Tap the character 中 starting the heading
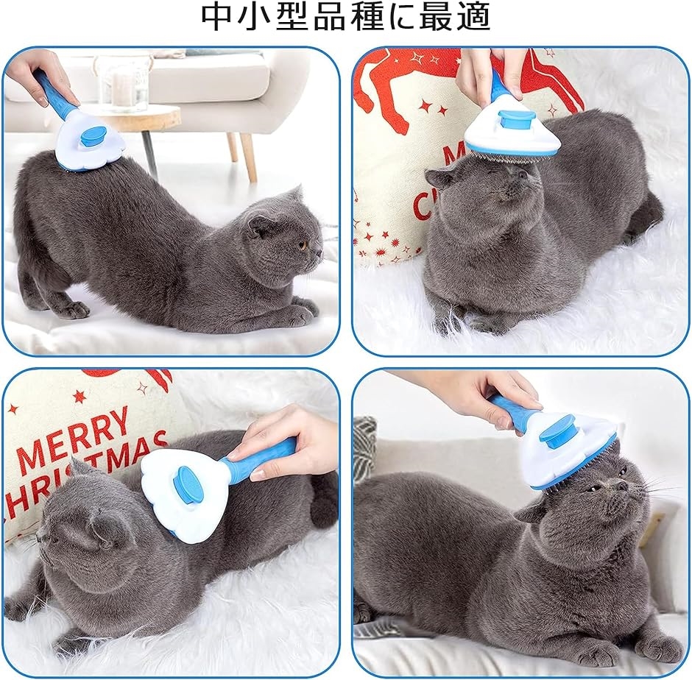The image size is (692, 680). coord(219,17)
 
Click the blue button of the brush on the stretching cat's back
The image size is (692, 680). coord(93,135)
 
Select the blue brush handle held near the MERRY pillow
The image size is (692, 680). coord(258,459)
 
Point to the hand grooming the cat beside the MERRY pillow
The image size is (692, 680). coord(291,445)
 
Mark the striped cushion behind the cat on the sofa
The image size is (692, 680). coord(364,449)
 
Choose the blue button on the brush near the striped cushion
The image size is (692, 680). coord(557,430)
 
